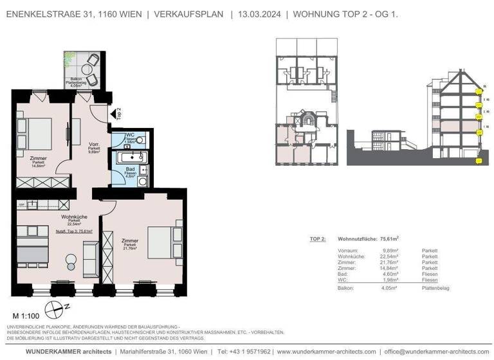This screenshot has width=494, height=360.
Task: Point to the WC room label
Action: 130,134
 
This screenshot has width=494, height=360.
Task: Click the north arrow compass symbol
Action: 56,307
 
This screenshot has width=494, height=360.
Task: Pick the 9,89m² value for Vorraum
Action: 389,251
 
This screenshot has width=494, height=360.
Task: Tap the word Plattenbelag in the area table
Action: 435,289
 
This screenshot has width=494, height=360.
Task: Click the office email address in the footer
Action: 438,352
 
